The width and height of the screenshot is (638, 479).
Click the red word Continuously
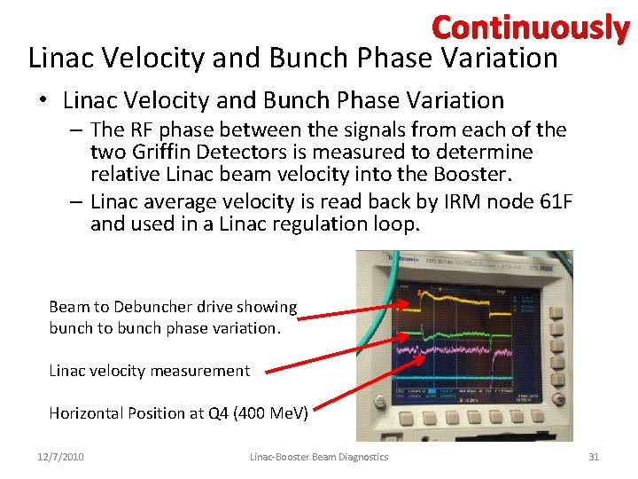(530, 27)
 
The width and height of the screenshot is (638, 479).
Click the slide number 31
(594, 457)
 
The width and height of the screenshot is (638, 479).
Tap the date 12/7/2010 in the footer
(60, 457)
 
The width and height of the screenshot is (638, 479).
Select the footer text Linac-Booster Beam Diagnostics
(318, 457)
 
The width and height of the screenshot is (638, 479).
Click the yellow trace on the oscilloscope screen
(461, 302)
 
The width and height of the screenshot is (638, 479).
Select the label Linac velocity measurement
(149, 371)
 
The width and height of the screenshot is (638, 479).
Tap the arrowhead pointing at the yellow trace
(406, 306)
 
